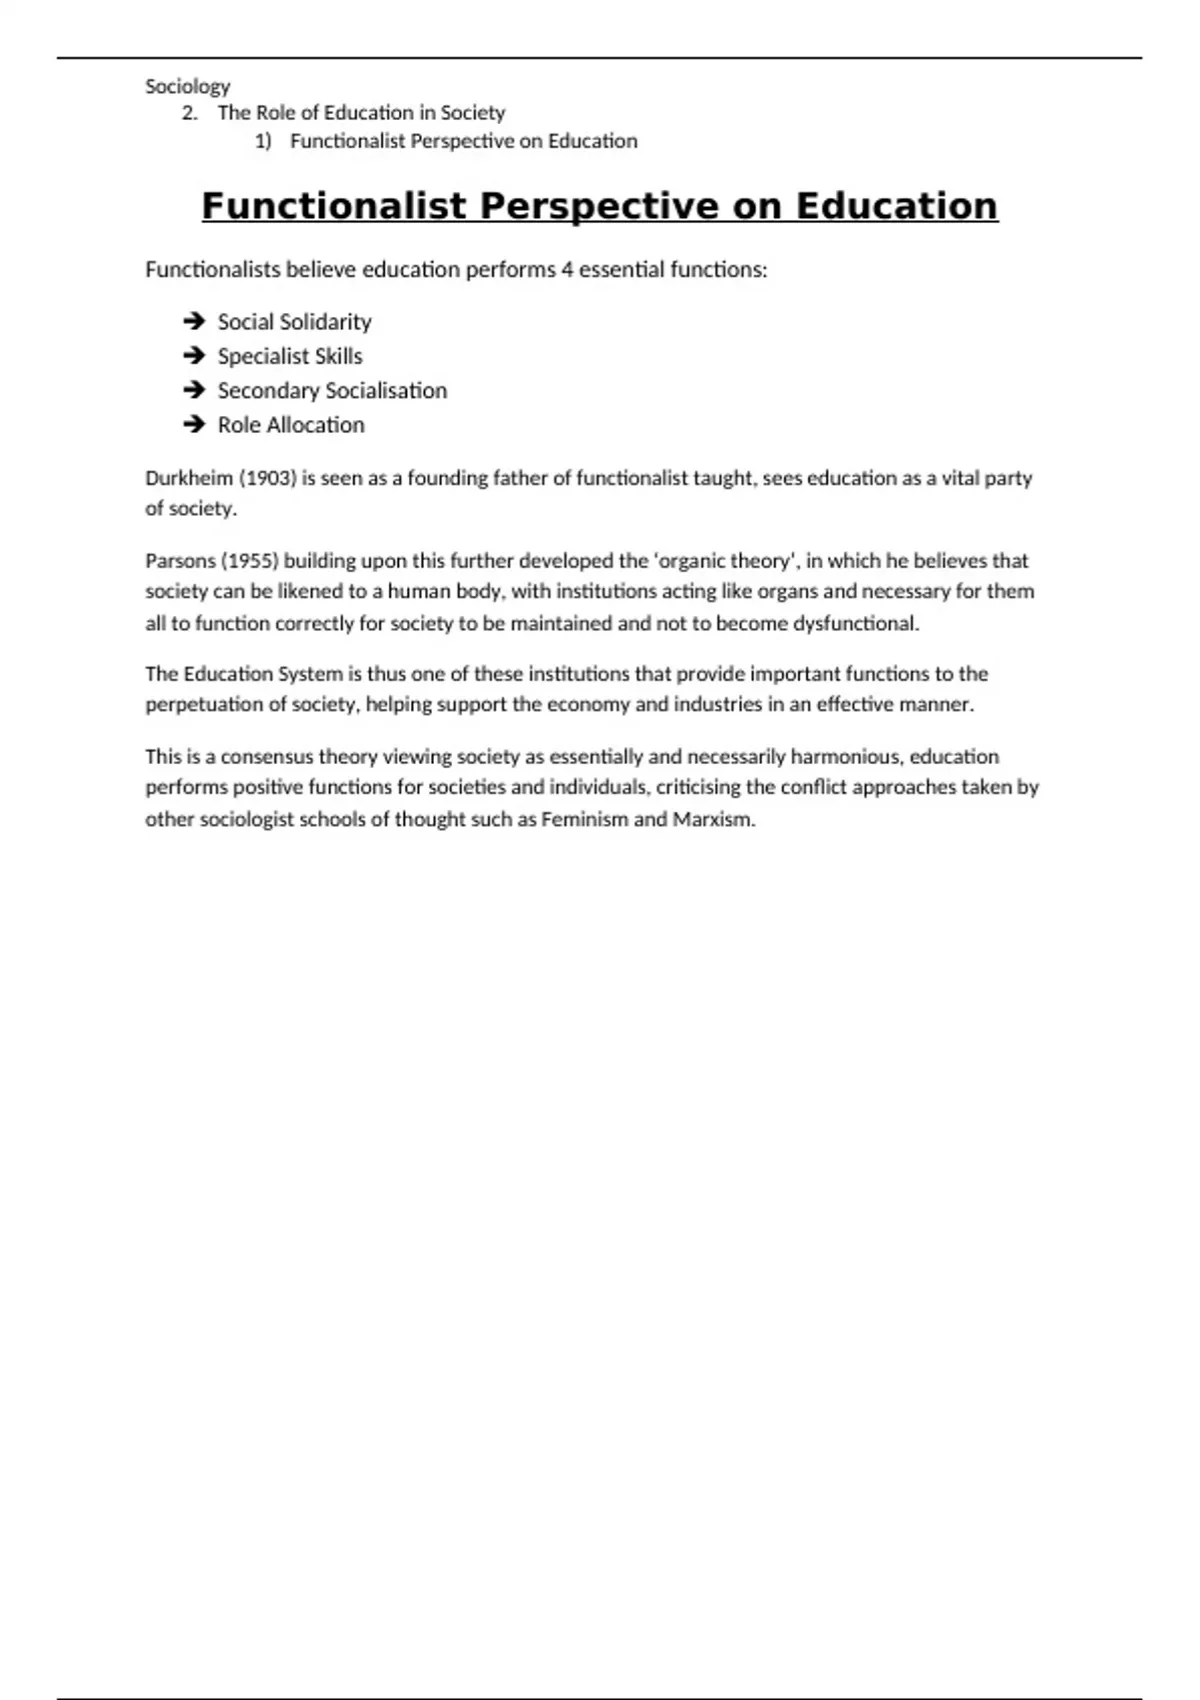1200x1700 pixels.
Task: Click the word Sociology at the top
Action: point(187,86)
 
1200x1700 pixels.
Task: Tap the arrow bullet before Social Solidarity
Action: point(194,321)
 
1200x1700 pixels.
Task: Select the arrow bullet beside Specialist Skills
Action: point(194,356)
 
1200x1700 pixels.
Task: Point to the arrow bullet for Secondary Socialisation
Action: point(194,390)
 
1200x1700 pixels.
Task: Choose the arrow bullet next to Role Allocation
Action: point(194,424)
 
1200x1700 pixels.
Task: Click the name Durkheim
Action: point(188,478)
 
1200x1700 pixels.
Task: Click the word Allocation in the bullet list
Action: point(316,424)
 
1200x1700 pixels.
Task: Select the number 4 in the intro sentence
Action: point(567,269)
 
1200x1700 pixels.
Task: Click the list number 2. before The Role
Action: point(190,113)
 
